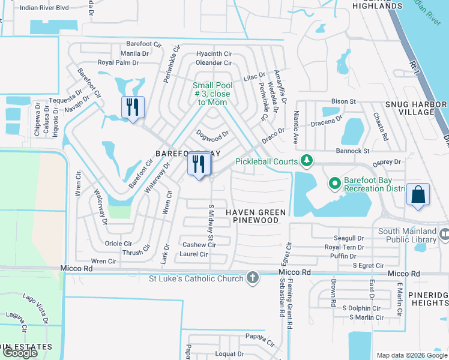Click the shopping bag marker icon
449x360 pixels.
(418, 195)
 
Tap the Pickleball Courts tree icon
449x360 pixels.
(307, 160)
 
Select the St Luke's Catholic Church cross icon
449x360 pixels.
(253, 278)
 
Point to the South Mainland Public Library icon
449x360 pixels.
(444, 233)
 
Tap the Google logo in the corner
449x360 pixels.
(20, 353)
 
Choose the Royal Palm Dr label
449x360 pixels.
(118, 62)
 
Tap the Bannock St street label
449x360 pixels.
(352, 151)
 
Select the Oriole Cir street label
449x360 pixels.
(118, 244)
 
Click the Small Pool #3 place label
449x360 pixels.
(212, 94)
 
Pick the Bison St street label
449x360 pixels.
(344, 101)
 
